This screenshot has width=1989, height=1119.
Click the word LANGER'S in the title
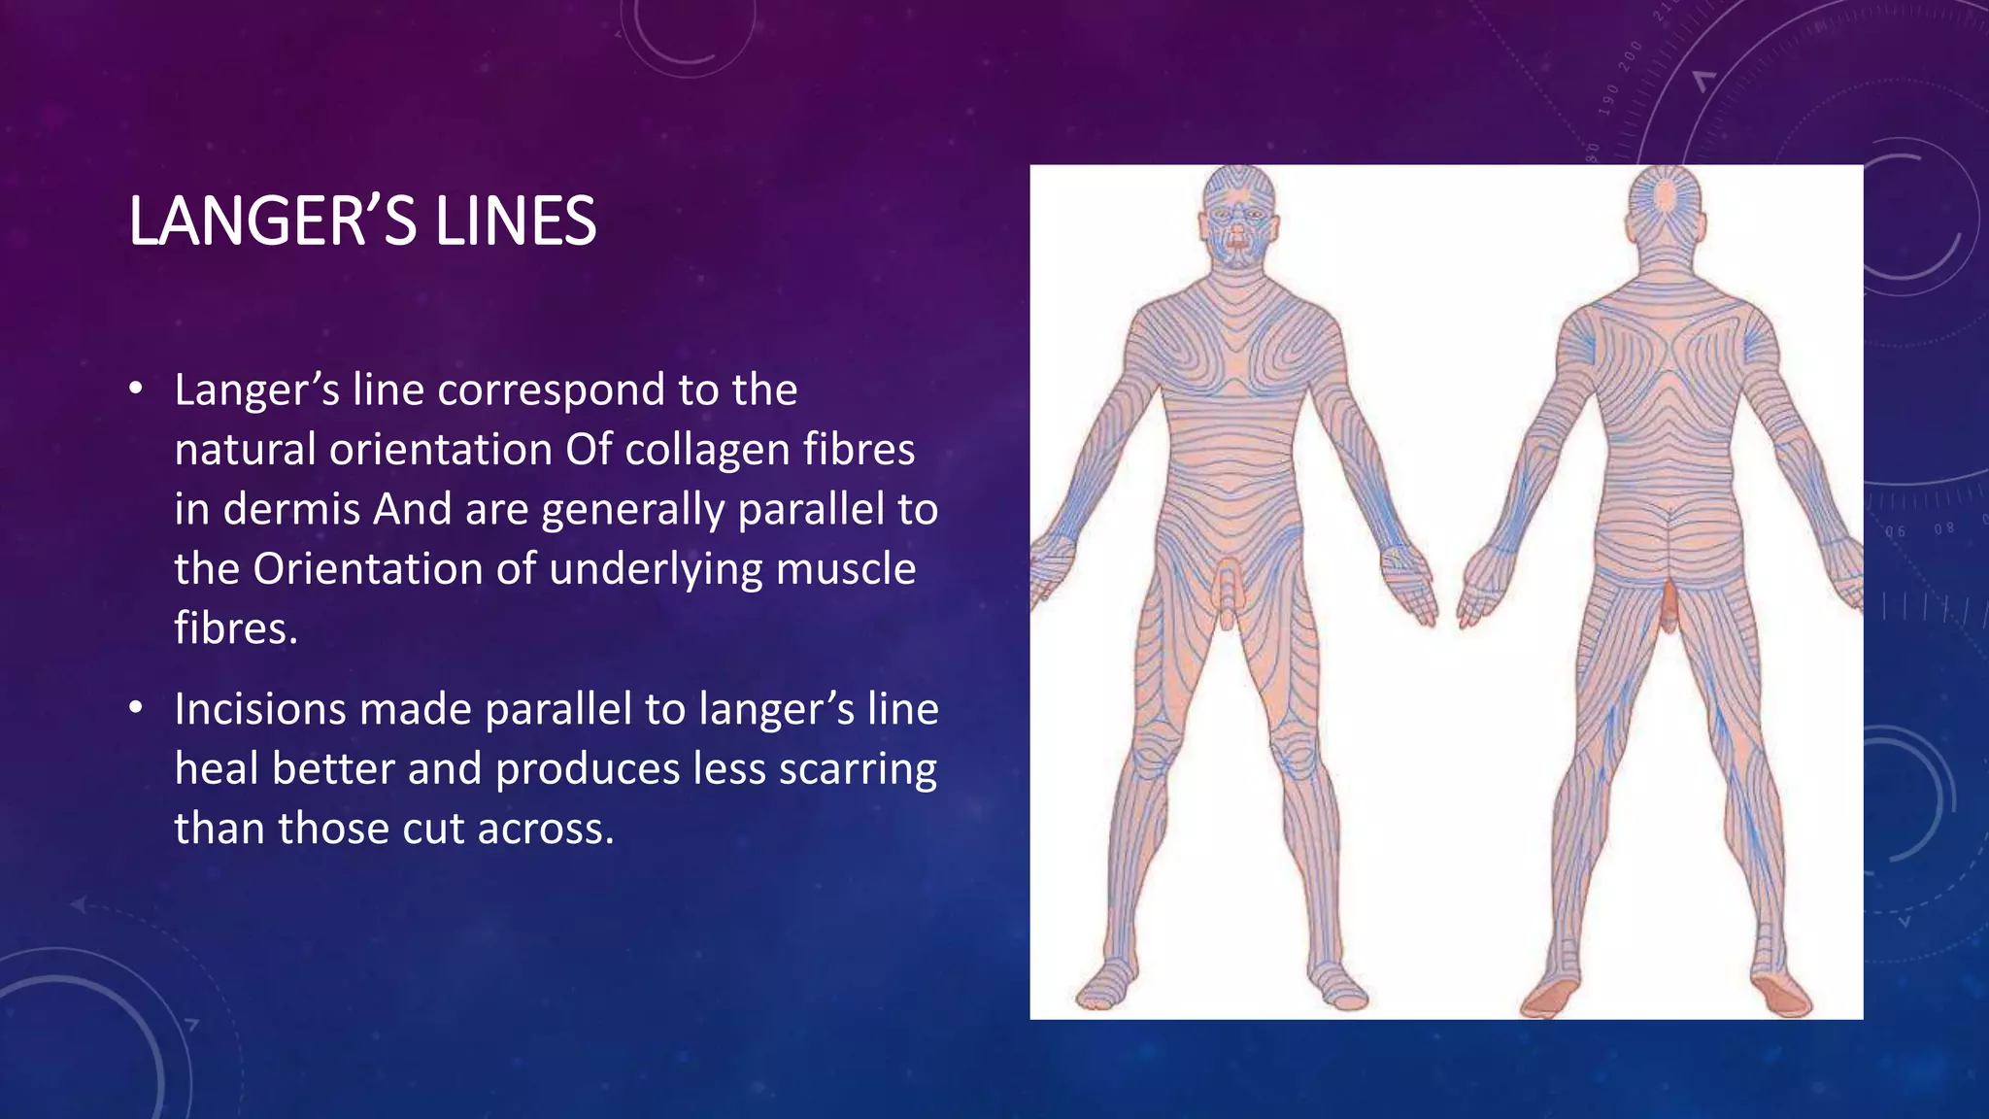[x=273, y=221]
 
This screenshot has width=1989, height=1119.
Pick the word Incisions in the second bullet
[x=259, y=709]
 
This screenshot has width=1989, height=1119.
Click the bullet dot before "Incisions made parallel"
[x=136, y=707]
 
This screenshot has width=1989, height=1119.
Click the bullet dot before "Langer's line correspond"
[x=136, y=389]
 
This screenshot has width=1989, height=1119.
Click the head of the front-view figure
[x=1236, y=219]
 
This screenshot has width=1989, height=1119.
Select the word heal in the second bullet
[x=217, y=769]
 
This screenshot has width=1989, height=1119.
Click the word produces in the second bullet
[x=588, y=769]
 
